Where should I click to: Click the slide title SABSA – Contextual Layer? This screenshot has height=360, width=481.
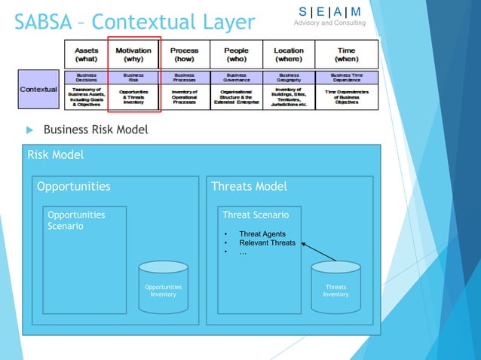pyautogui.click(x=134, y=21)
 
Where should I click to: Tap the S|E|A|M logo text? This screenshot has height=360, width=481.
pyautogui.click(x=329, y=11)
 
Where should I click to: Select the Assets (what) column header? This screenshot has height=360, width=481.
pyautogui.click(x=86, y=54)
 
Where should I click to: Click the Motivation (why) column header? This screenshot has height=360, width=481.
pyautogui.click(x=133, y=54)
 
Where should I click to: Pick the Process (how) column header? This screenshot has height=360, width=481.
pyautogui.click(x=184, y=54)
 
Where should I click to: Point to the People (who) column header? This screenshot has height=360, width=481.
pyautogui.click(x=236, y=54)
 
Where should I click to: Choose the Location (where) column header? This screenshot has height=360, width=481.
pyautogui.click(x=289, y=54)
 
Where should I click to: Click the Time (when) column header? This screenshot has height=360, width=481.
pyautogui.click(x=347, y=54)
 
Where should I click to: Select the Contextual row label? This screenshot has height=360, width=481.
pyautogui.click(x=38, y=89)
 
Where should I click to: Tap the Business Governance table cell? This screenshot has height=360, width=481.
pyautogui.click(x=236, y=78)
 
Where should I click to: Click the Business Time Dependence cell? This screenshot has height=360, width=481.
pyautogui.click(x=347, y=78)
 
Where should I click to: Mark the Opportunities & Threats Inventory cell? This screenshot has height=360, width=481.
pyautogui.click(x=133, y=98)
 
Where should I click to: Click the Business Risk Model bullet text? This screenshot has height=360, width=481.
pyautogui.click(x=95, y=130)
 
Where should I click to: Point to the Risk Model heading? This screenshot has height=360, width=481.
pyautogui.click(x=55, y=155)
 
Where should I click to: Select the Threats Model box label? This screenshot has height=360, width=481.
pyautogui.click(x=249, y=187)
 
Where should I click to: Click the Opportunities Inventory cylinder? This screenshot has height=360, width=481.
pyautogui.click(x=163, y=286)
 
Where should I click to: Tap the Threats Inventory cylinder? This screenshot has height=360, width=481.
pyautogui.click(x=335, y=286)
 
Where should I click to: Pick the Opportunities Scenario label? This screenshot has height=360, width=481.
pyautogui.click(x=76, y=220)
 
